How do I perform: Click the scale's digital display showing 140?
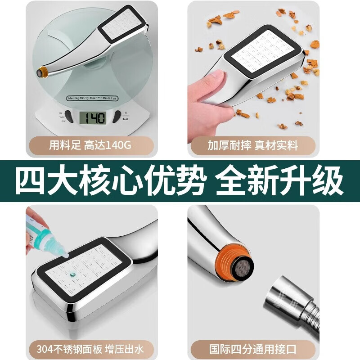(x=93, y=118)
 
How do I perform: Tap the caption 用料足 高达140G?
(x=91, y=146)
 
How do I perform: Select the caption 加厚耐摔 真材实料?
(x=253, y=146)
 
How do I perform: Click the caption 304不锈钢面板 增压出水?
(x=91, y=349)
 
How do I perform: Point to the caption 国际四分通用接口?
(x=253, y=349)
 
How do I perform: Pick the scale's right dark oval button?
(x=117, y=116)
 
